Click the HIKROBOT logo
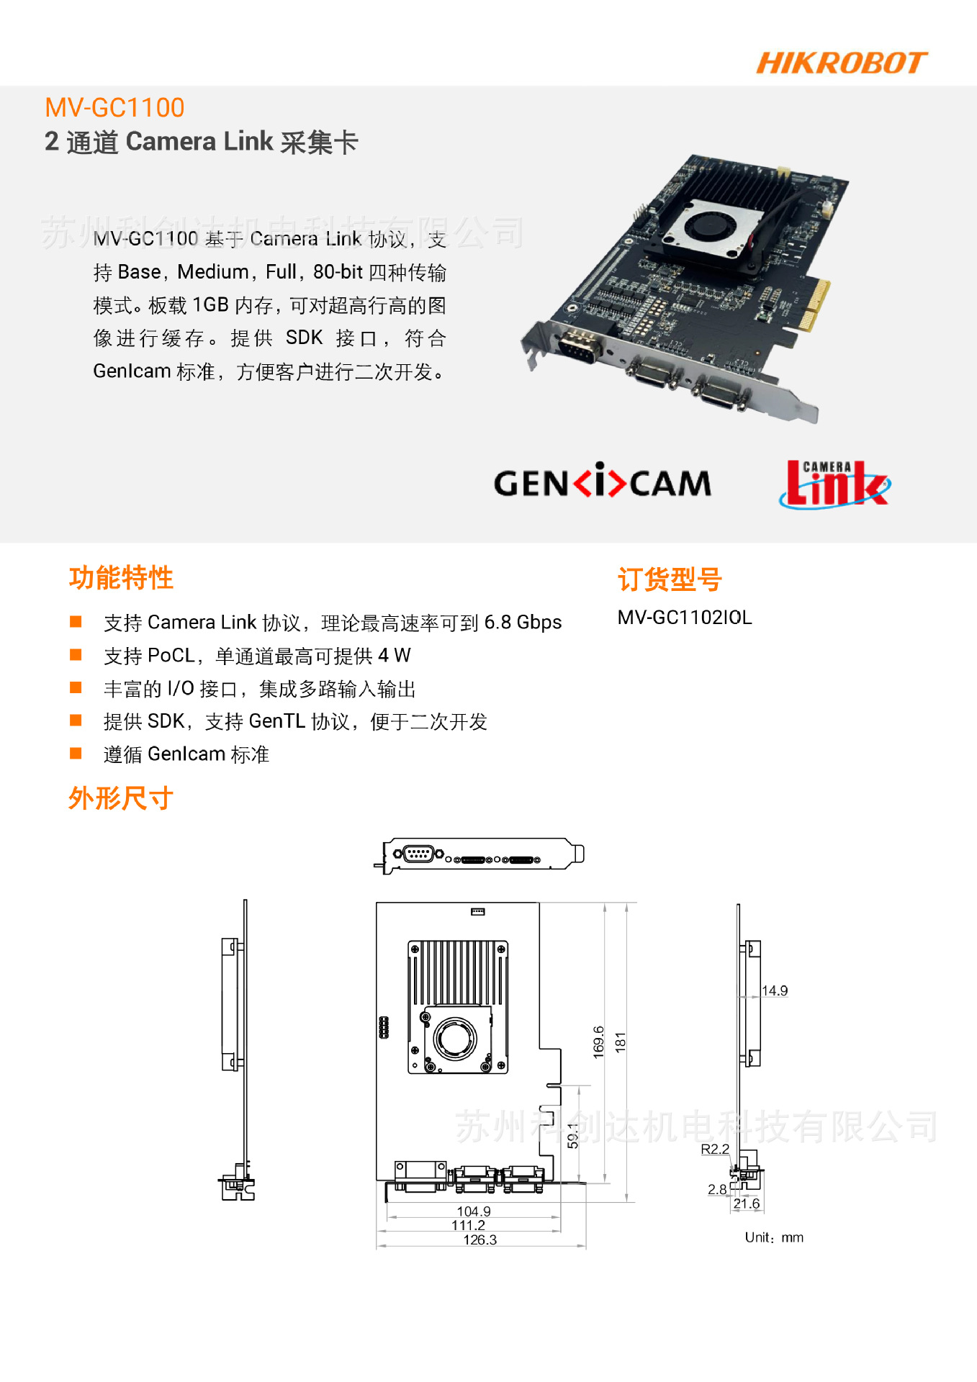[841, 63]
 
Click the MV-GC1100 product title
[114, 108]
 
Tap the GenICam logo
[602, 482]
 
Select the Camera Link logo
[835, 484]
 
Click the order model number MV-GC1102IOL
[685, 618]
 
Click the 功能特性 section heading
[121, 578]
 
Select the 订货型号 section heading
[670, 579]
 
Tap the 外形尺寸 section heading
[121, 798]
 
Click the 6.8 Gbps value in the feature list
[523, 623]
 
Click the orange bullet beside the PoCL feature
[76, 654]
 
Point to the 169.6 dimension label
[599, 1042]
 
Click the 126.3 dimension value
[480, 1239]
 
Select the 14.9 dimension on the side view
[775, 990]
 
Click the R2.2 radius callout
[715, 1149]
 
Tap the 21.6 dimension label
[747, 1203]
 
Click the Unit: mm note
[774, 1237]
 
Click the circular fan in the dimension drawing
[455, 1038]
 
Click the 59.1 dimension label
[573, 1135]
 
